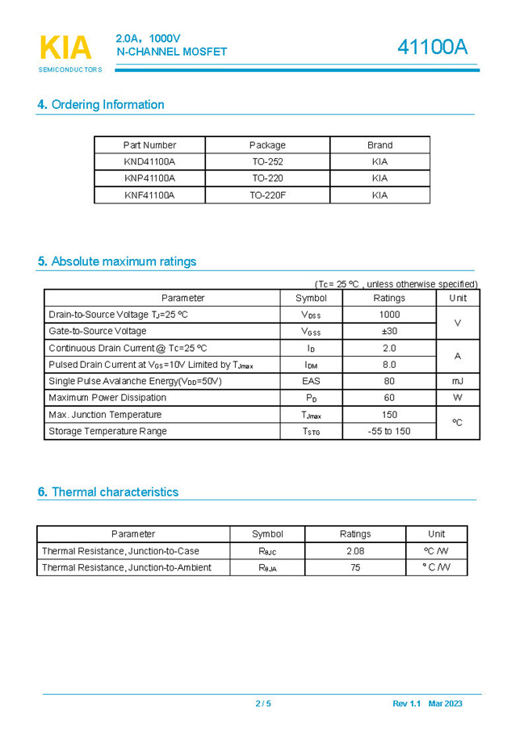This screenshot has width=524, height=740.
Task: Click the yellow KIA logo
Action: [x=65, y=48]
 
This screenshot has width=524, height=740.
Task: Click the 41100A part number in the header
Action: [x=432, y=48]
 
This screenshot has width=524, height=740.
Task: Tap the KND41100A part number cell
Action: [x=149, y=161]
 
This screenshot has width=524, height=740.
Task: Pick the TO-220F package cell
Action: [x=267, y=195]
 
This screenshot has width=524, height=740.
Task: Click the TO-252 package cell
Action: [x=267, y=161]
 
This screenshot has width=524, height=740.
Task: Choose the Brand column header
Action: [x=379, y=145]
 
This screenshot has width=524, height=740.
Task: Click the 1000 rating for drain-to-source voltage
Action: [x=389, y=315]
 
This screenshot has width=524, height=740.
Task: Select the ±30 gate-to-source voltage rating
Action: [x=389, y=331]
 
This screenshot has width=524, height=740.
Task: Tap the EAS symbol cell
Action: [x=311, y=381]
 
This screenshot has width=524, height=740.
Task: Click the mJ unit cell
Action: [x=458, y=381]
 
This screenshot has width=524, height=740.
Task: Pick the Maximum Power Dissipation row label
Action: [x=107, y=398]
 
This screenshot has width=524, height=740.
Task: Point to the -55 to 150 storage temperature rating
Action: [x=389, y=431]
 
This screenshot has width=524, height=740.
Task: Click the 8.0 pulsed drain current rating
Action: [x=389, y=365]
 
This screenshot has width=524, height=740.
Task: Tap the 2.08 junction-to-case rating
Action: [x=355, y=551]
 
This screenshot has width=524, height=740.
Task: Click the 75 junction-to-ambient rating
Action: [x=355, y=567]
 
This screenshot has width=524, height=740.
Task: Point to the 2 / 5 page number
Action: [x=263, y=704]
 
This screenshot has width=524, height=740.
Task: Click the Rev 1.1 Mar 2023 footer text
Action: [x=427, y=704]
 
